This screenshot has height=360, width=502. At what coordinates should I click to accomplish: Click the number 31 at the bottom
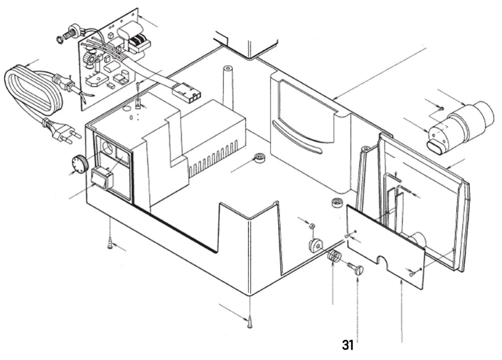[x=348, y=345]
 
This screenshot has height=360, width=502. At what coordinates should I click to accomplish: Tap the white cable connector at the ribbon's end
[x=186, y=92]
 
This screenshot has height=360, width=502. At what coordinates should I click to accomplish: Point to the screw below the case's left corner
[x=110, y=245]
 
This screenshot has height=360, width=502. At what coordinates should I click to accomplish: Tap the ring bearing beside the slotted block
[x=260, y=158]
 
